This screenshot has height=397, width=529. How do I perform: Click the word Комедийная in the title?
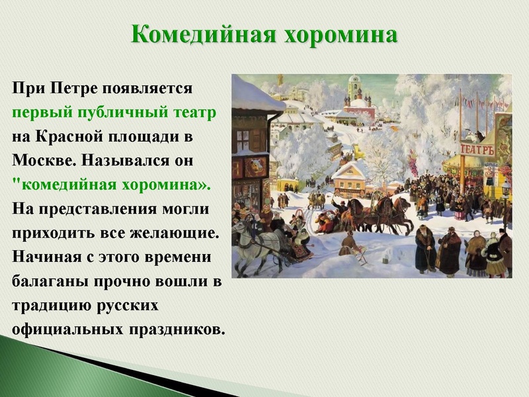(202, 34)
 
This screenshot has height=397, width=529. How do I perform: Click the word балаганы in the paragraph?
(49, 281)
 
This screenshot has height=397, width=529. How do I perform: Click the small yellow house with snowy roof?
(349, 177)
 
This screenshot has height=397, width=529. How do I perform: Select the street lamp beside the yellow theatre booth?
(506, 192)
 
